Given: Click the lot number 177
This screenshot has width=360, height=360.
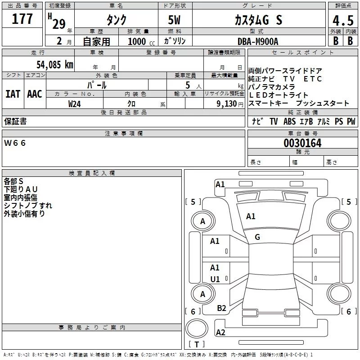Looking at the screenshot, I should pyautogui.click(x=22, y=19).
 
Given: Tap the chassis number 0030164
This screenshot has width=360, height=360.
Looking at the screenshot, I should pyautogui.click(x=303, y=144).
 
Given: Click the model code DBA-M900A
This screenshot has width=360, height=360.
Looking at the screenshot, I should pyautogui.click(x=258, y=41).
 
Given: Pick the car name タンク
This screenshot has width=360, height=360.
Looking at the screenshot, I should pyautogui.click(x=116, y=20).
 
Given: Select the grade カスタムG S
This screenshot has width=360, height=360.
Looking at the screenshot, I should pyautogui.click(x=258, y=20).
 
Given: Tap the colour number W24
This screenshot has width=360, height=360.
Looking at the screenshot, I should pyautogui.click(x=75, y=104).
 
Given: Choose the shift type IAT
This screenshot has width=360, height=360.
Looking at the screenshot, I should pyautogui.click(x=13, y=94).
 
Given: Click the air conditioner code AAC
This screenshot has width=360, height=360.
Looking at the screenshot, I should pyautogui.click(x=34, y=94).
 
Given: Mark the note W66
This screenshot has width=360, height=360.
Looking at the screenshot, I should pyautogui.click(x=15, y=143).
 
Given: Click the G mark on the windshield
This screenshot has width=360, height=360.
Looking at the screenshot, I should pyautogui.click(x=257, y=237).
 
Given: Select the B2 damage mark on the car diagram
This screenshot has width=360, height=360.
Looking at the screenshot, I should pyautogui.click(x=221, y=308).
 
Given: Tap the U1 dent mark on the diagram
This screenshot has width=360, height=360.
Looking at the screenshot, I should pyautogui.click(x=215, y=279).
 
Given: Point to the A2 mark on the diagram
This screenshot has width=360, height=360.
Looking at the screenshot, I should pyautogui.click(x=220, y=333).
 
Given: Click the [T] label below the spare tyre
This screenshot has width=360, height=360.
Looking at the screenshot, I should pyautogui.click(x=197, y=345).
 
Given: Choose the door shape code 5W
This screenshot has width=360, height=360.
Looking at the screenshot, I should pyautogui.click(x=175, y=20).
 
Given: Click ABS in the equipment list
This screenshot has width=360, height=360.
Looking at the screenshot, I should pyautogui.click(x=289, y=121).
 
